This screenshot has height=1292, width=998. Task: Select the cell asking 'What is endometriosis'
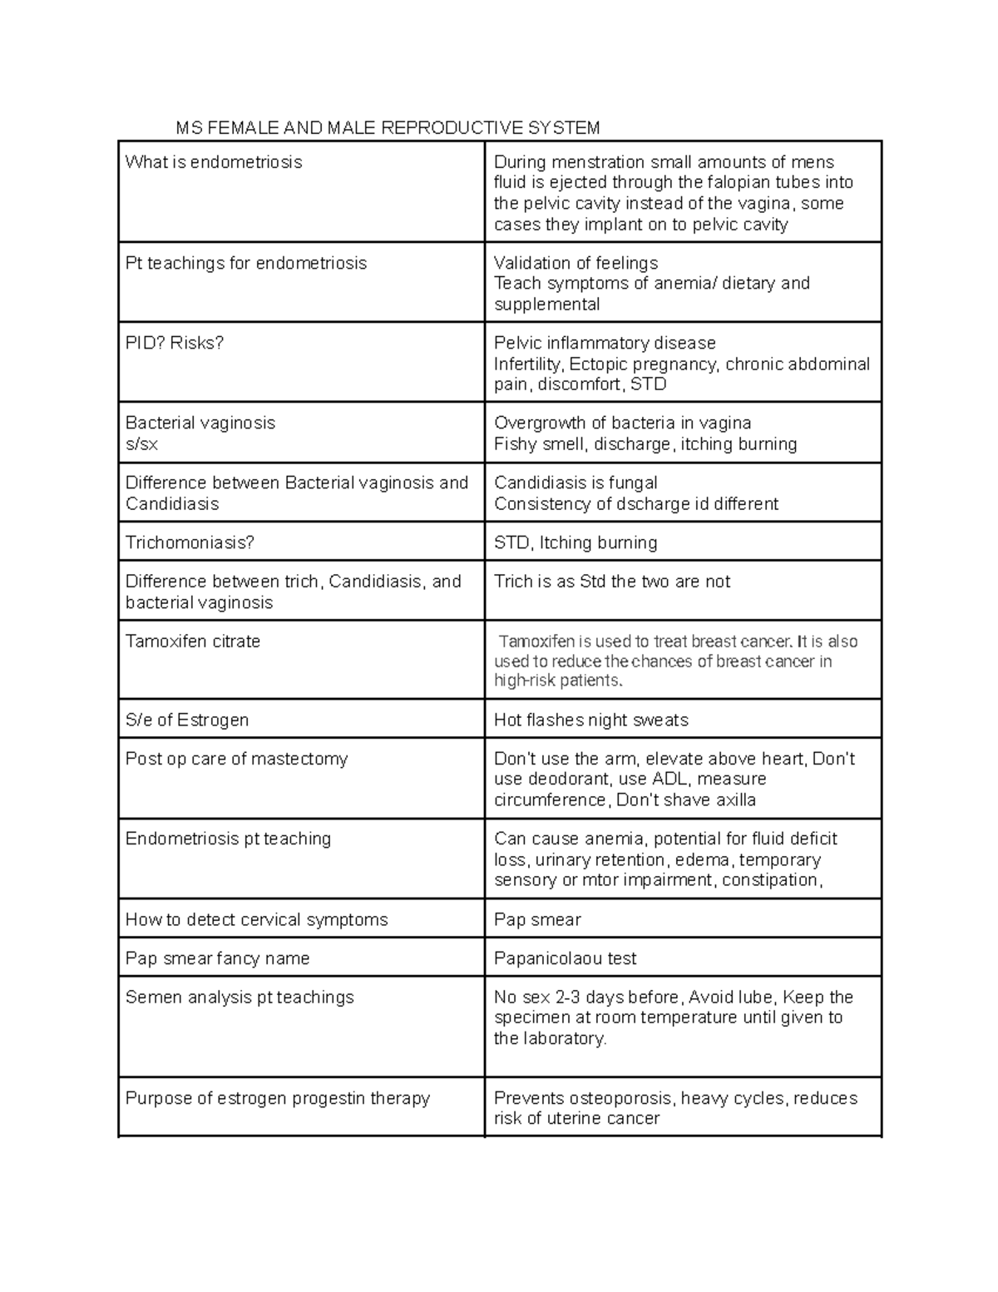[214, 162]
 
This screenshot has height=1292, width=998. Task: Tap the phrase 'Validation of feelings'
[576, 263]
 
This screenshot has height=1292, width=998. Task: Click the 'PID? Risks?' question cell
[175, 343]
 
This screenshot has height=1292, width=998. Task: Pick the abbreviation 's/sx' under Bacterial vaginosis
[141, 443]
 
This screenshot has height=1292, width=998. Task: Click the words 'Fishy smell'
[541, 443]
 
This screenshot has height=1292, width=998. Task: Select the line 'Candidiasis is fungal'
[576, 483]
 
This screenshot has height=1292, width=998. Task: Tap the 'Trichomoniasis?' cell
[190, 542]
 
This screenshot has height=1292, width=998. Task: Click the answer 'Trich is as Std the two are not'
[612, 582]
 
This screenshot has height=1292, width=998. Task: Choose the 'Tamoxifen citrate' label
[193, 641]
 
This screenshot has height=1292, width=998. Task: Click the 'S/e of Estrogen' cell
[187, 720]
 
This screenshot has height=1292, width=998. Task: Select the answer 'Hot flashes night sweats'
[591, 720]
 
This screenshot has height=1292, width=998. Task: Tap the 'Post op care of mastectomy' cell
[236, 759]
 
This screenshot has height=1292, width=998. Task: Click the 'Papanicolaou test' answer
[566, 958]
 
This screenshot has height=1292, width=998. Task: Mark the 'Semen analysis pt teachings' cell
[240, 997]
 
